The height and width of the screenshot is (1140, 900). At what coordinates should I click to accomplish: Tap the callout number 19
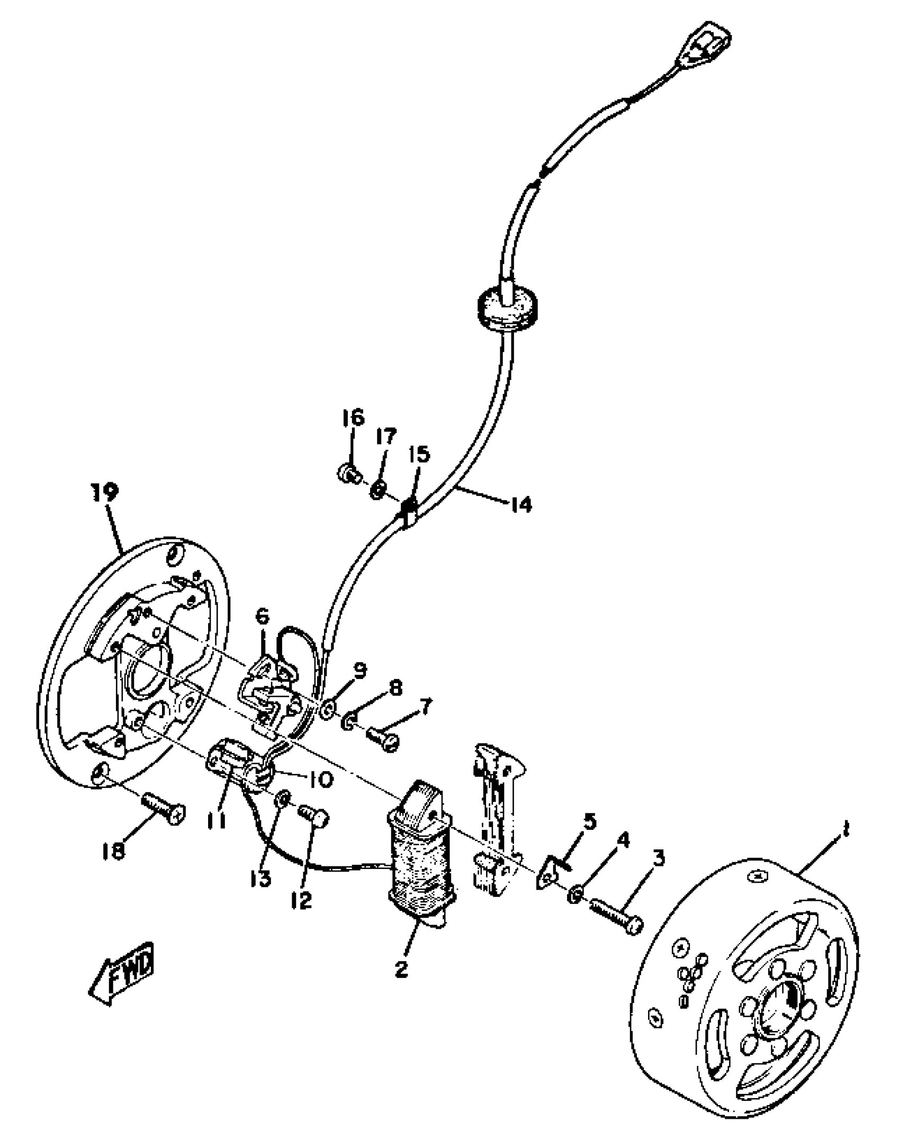(104, 492)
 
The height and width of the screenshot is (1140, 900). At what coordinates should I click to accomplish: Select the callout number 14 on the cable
(520, 504)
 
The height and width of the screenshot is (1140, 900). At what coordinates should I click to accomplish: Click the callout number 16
(354, 418)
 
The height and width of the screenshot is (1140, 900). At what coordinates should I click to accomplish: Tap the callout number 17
(385, 437)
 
